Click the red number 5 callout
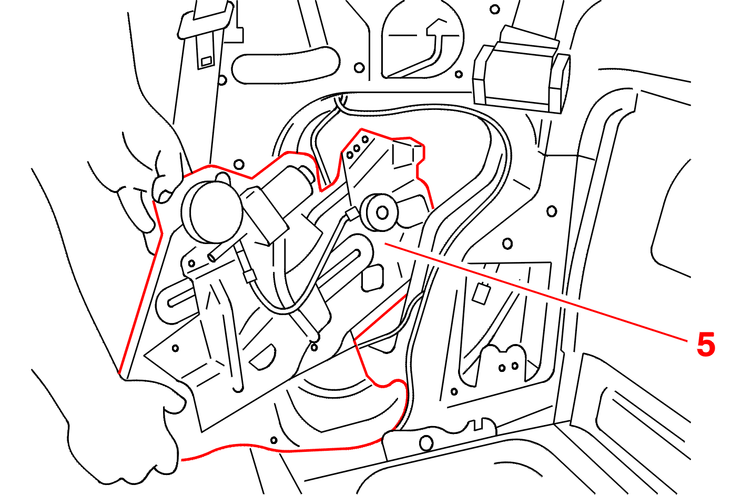(706, 344)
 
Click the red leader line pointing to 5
(536, 292)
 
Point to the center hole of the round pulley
(382, 213)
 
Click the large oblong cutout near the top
(286, 65)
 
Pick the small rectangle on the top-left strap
(206, 61)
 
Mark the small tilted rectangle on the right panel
(481, 293)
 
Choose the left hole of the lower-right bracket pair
(502, 368)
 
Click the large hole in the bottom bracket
(426, 443)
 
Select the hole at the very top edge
(494, 9)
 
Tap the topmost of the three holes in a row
(365, 139)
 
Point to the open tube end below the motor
(212, 257)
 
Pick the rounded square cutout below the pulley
(373, 278)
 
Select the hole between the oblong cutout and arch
(359, 67)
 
